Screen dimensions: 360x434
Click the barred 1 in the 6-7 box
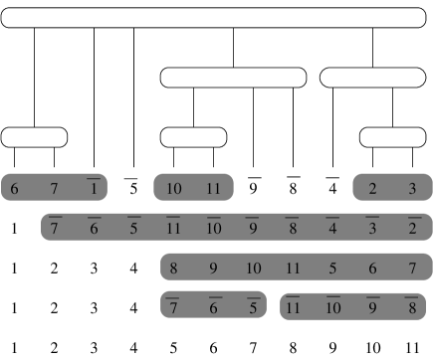[x=94, y=189]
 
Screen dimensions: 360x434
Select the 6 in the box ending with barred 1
[x=14, y=189]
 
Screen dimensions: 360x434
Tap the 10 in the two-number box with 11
[x=173, y=189]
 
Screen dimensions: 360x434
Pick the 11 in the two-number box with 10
[x=213, y=189]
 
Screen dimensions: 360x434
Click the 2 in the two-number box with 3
[x=372, y=189]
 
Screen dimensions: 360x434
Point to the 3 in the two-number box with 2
[x=412, y=189]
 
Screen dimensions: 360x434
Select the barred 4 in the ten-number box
[x=332, y=229]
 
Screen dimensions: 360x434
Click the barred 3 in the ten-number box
[x=372, y=229]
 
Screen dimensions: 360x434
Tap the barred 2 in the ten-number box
[x=412, y=229]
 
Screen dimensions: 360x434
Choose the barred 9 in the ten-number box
[x=253, y=229]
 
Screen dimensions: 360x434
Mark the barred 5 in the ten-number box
[x=133, y=229]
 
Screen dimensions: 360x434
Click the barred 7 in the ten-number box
[x=54, y=229]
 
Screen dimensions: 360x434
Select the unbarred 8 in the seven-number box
[x=173, y=269]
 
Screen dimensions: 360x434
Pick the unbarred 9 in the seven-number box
[x=213, y=269]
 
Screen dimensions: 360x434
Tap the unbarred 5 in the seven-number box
[x=332, y=269]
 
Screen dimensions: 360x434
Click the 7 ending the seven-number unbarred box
[x=412, y=269]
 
